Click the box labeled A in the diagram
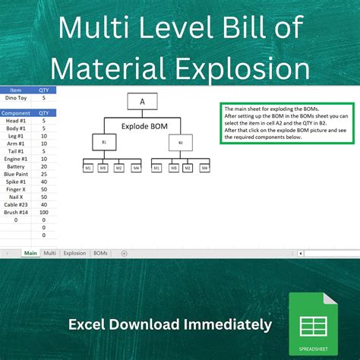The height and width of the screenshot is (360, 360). (x=142, y=101)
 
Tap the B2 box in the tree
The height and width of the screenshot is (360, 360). (x=181, y=142)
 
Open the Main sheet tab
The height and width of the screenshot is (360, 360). (x=30, y=252)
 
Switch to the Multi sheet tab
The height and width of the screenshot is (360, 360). (x=50, y=252)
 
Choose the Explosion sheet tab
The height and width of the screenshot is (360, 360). (x=74, y=252)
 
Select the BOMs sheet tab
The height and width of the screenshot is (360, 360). (x=100, y=252)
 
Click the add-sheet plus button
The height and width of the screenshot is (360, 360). (x=124, y=252)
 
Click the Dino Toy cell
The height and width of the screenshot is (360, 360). (x=15, y=97)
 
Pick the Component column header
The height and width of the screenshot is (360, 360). (x=15, y=112)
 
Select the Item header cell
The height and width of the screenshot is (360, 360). (x=15, y=90)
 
